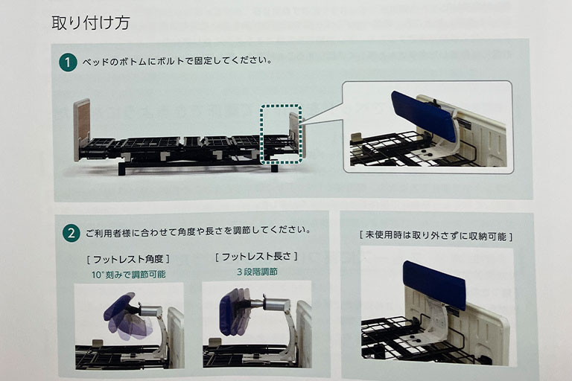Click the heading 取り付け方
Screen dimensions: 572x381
point(90,23)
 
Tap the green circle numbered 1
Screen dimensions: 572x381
point(68,62)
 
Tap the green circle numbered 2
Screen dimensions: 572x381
point(71,233)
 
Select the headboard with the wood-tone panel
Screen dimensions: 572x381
point(82,129)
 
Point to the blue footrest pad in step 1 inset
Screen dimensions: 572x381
point(423,115)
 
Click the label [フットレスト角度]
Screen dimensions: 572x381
point(128,259)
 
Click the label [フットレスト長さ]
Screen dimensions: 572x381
point(256,257)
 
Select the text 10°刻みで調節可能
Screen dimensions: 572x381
point(128,274)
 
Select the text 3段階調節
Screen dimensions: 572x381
point(257,272)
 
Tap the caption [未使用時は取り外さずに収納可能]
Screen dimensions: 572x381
point(436,235)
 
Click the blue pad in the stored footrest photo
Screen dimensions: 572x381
point(433,284)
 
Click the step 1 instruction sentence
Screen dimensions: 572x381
point(177,61)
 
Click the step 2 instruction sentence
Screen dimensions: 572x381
point(198,231)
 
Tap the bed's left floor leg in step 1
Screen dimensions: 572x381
point(121,168)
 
